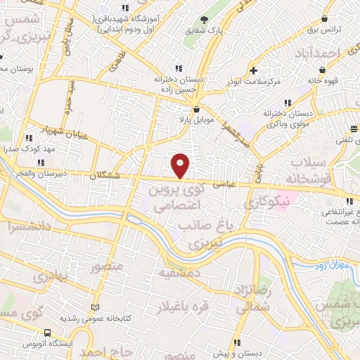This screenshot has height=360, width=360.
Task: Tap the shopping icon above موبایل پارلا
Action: pos(196,109)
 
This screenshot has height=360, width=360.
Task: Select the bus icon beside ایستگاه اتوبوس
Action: pos(47,333)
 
